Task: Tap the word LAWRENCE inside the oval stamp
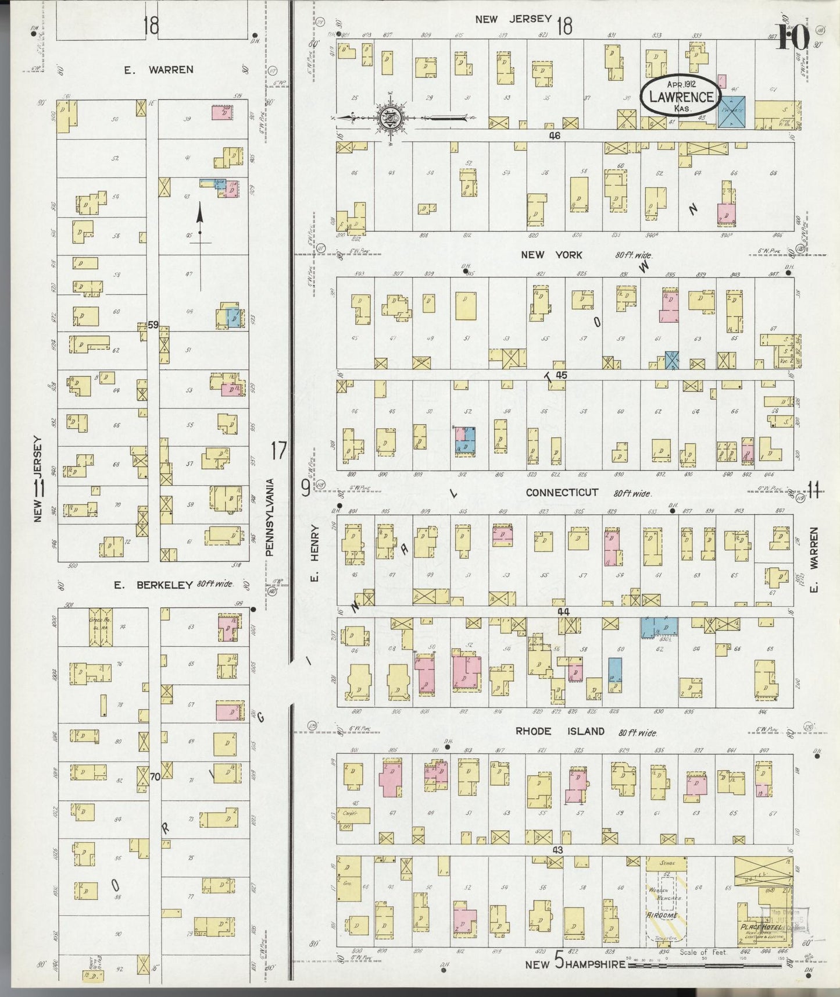click(681, 97)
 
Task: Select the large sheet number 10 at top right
click(791, 38)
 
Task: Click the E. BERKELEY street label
click(153, 585)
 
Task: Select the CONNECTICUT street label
click(562, 492)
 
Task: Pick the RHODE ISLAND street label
click(560, 732)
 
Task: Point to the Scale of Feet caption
click(703, 952)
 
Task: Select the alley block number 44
click(563, 611)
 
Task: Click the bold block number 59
click(153, 325)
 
